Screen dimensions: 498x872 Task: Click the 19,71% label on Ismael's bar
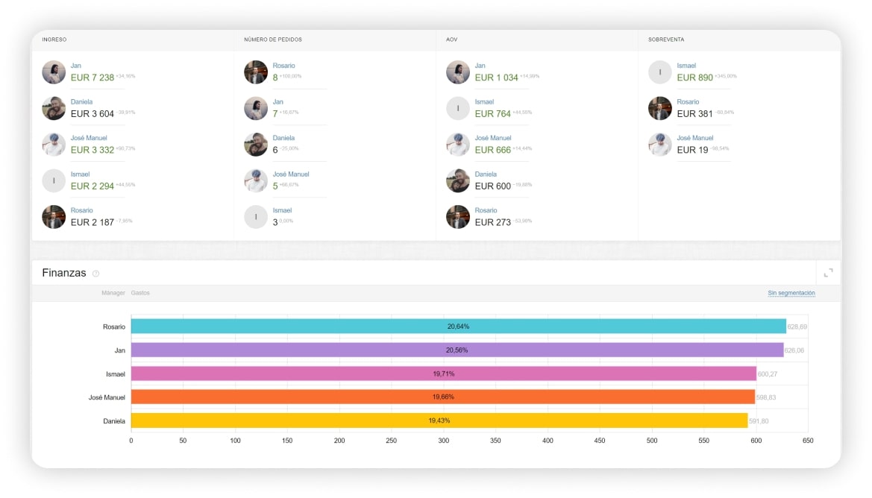(x=443, y=373)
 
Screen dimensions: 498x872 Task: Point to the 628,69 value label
(x=797, y=327)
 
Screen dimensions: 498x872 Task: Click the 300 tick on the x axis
(x=444, y=441)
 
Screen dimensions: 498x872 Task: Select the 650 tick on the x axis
(x=808, y=441)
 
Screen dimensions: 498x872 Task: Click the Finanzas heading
(x=64, y=273)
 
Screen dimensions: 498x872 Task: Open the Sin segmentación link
(x=791, y=293)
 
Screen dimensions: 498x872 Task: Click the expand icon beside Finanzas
(x=828, y=273)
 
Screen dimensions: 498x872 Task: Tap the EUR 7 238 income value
(x=92, y=78)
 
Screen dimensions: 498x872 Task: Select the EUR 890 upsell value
(x=695, y=78)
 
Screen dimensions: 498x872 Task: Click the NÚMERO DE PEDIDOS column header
(x=273, y=40)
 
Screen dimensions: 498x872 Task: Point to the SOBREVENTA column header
(x=666, y=40)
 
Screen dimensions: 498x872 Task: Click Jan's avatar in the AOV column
(x=458, y=72)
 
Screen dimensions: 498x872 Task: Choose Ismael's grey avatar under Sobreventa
(x=660, y=72)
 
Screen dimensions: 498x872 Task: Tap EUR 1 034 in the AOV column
(x=496, y=78)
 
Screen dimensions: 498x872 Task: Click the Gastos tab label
(x=140, y=293)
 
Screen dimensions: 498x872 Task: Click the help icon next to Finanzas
(x=95, y=274)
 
